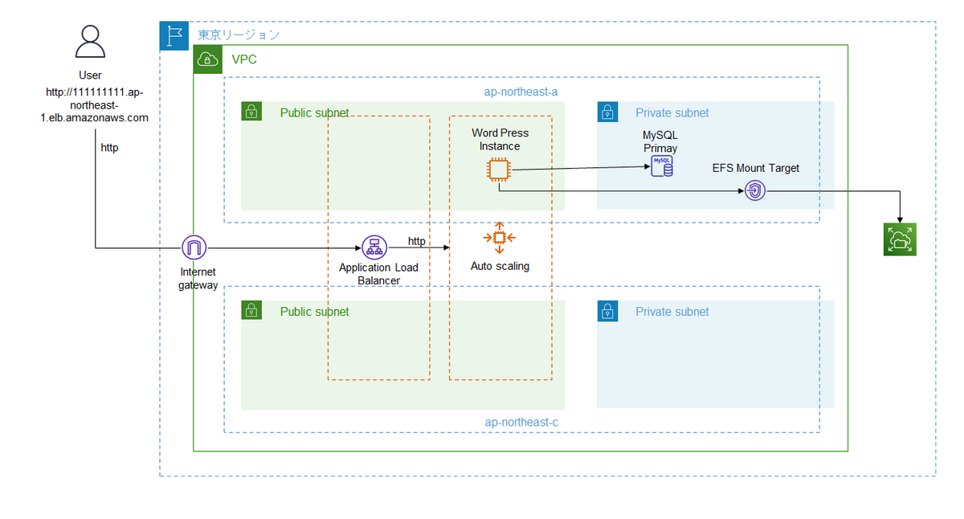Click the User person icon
[91, 41]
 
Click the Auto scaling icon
[500, 237]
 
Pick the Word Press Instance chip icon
[499, 170]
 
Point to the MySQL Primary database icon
[662, 166]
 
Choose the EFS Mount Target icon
[755, 190]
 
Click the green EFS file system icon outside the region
[900, 239]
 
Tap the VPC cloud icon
[208, 59]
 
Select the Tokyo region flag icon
[174, 35]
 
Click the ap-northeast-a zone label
[521, 92]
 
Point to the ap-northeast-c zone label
[521, 422]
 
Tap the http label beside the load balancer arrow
[417, 241]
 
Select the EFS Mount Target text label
[756, 168]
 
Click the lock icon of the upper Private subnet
[607, 112]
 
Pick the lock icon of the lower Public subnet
[251, 311]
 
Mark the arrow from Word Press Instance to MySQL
[578, 169]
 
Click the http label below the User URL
[109, 148]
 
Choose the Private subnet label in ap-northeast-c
[672, 312]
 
